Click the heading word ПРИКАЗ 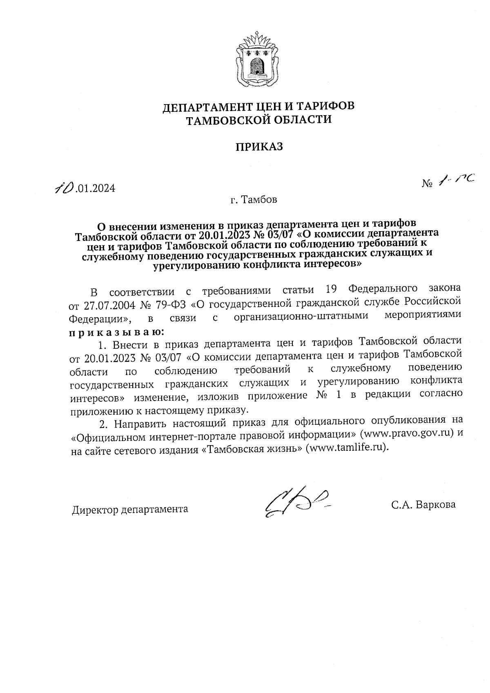258,147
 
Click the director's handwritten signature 296,503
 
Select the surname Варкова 435,505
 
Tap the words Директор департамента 130,510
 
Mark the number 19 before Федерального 332,290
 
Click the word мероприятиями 423,315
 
